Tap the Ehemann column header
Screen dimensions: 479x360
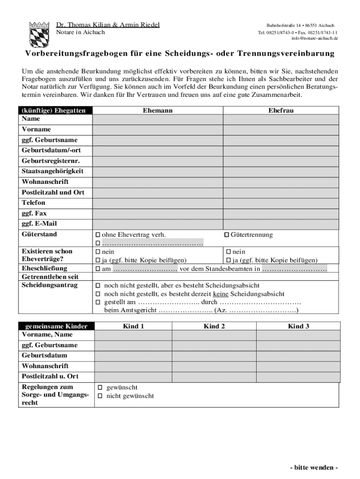click(158, 110)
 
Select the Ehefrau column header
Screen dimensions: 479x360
click(281, 110)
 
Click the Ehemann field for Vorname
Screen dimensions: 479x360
click(157, 130)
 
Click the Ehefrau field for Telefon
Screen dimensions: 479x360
click(281, 203)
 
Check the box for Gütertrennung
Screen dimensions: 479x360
click(227, 235)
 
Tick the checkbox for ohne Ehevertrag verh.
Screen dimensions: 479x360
click(98, 235)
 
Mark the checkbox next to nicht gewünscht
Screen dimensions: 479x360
click(99, 396)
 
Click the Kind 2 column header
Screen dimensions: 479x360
click(214, 327)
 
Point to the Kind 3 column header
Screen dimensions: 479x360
click(298, 327)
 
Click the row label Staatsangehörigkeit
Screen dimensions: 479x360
click(52, 171)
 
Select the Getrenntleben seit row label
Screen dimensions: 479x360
click(50, 276)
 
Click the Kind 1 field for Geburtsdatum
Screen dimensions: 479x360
click(133, 356)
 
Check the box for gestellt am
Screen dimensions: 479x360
click(98, 302)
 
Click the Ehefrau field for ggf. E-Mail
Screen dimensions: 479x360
click(281, 224)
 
